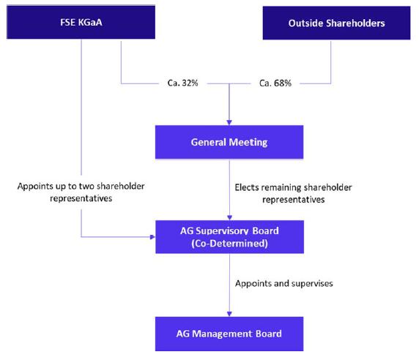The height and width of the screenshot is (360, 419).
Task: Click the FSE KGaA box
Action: click(x=81, y=22)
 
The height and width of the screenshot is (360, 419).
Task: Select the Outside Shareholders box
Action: click(x=336, y=23)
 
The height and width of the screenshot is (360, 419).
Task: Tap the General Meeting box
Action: click(x=229, y=142)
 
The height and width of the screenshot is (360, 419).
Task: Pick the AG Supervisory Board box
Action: click(x=229, y=237)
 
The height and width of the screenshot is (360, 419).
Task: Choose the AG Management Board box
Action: click(x=229, y=334)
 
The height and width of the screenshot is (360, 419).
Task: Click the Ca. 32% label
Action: click(x=183, y=83)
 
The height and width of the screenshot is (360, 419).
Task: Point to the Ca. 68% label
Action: click(x=275, y=83)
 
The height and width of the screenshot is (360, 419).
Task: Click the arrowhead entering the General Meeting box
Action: click(x=229, y=122)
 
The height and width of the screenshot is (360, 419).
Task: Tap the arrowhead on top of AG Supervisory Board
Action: click(x=229, y=217)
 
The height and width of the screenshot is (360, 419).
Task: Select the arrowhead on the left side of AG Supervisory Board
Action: click(x=152, y=237)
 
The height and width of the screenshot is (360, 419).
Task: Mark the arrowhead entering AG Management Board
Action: click(x=229, y=314)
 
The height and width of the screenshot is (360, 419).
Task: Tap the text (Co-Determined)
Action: click(x=229, y=243)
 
